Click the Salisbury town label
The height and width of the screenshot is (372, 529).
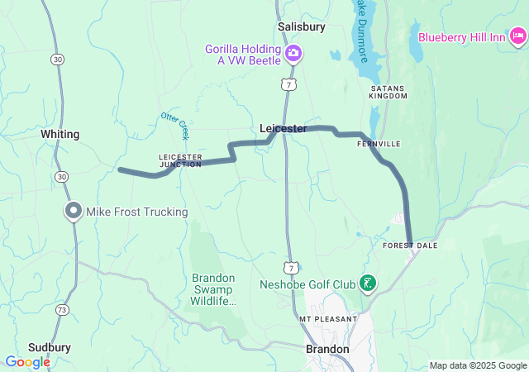(x=302, y=26)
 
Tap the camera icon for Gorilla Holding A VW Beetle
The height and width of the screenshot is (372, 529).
(x=293, y=55)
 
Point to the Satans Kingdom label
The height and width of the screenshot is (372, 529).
(x=388, y=92)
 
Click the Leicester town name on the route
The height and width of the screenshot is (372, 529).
(x=283, y=129)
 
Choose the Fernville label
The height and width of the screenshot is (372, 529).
(x=379, y=144)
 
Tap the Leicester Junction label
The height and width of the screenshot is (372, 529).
(x=180, y=160)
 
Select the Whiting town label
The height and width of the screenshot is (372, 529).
(x=60, y=134)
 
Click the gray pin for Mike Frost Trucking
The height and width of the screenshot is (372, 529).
(x=73, y=211)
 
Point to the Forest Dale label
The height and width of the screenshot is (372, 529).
(x=409, y=246)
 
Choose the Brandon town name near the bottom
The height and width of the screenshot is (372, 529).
(x=327, y=349)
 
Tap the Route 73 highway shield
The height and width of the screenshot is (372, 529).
(x=62, y=309)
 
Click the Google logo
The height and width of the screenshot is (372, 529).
(x=27, y=362)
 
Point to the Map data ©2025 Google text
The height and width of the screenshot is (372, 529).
(x=477, y=365)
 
